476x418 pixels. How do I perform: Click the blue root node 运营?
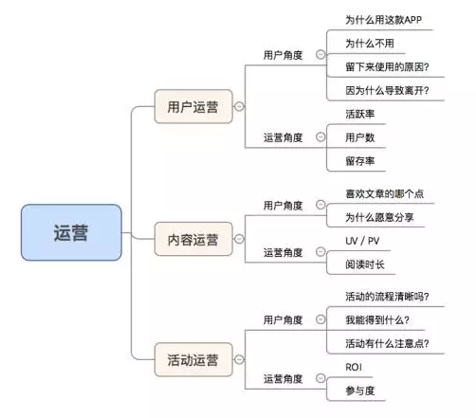[x=71, y=232]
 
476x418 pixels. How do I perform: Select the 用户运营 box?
[x=193, y=106]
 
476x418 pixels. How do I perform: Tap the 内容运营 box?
[x=193, y=239]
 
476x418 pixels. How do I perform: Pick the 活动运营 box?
[x=193, y=359]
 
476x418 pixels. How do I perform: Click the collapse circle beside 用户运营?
[x=239, y=106]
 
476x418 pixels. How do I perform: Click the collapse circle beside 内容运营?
[x=239, y=239]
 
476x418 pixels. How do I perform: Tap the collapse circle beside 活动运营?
[x=239, y=359]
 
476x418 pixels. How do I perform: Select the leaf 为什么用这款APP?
[x=383, y=20]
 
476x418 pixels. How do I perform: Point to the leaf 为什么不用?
[x=370, y=44]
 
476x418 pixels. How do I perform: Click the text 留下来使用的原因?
[x=387, y=67]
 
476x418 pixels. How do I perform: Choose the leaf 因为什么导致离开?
[x=387, y=91]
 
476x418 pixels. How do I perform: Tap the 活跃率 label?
[x=359, y=114]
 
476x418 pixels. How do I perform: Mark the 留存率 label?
[x=359, y=161]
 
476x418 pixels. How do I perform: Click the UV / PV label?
[x=362, y=241]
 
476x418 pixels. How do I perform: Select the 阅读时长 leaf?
[x=365, y=264]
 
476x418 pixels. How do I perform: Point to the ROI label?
[x=354, y=367]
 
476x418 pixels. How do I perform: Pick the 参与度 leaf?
[x=359, y=391]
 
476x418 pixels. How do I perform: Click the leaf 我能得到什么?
[x=377, y=320]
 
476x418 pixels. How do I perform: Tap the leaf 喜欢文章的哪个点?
[x=384, y=193]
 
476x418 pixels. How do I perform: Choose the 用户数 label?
[x=359, y=137]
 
